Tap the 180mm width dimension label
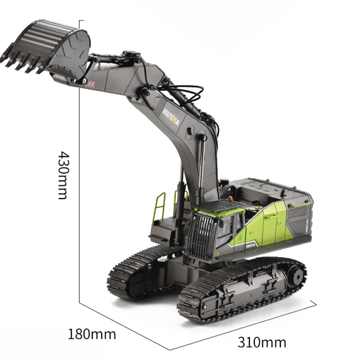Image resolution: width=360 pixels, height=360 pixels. [92, 334]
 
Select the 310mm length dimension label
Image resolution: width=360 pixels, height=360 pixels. [262, 342]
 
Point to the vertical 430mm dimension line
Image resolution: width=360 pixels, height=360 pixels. [80, 180]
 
